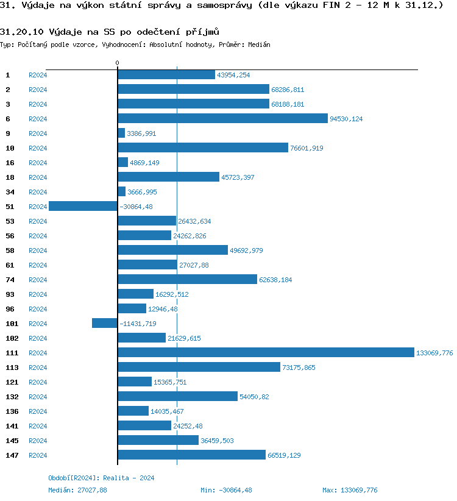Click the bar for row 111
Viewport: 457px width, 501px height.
(x=266, y=352)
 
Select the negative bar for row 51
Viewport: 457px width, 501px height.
(x=83, y=206)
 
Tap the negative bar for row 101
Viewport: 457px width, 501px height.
(x=104, y=323)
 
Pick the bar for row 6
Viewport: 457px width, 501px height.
(x=222, y=118)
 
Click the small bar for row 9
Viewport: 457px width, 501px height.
(x=121, y=133)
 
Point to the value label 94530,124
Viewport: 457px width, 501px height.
(x=346, y=119)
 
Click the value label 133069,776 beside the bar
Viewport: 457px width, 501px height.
(x=434, y=353)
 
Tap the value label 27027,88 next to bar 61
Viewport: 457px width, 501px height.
(x=194, y=265)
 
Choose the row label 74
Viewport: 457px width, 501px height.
(x=10, y=279)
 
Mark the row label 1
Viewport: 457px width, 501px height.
(x=8, y=74)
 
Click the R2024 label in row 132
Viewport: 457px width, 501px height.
(x=38, y=397)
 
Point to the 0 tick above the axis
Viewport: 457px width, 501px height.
(x=118, y=63)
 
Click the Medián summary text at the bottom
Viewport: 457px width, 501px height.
(x=77, y=490)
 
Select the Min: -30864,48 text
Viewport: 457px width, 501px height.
(x=226, y=490)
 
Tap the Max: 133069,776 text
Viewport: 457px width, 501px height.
(x=350, y=490)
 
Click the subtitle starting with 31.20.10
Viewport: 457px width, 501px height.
(x=110, y=32)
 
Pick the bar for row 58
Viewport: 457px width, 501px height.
(x=172, y=250)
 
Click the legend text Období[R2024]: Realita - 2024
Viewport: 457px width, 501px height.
(x=101, y=478)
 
